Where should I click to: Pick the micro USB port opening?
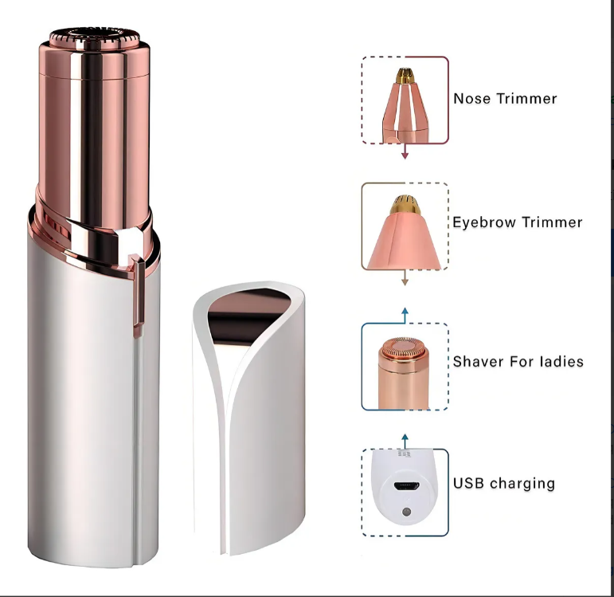pos(405,485)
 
